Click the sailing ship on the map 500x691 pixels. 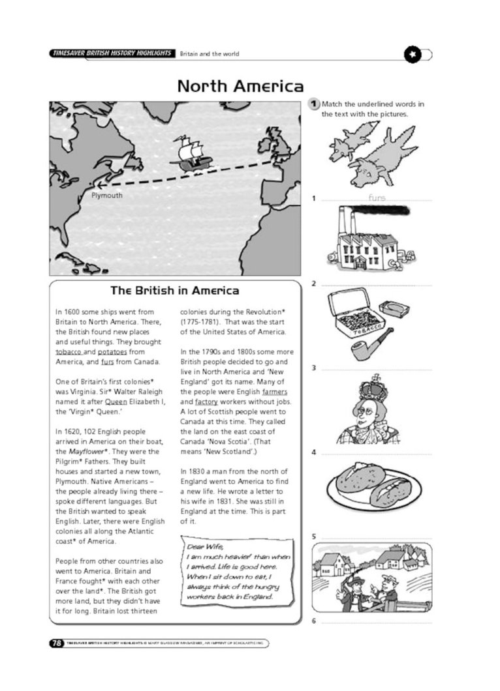coord(190,154)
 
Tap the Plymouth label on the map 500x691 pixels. coord(106,195)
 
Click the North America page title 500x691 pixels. coord(240,86)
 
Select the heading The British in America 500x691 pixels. coord(175,291)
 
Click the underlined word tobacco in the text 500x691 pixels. coord(69,352)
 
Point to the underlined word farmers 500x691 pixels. coord(274,392)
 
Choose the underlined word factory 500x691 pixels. coord(206,402)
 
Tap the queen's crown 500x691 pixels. coord(374,389)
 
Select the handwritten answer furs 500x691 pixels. coord(377,198)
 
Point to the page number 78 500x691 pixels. coord(57,643)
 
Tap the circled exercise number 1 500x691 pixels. coord(314,104)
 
